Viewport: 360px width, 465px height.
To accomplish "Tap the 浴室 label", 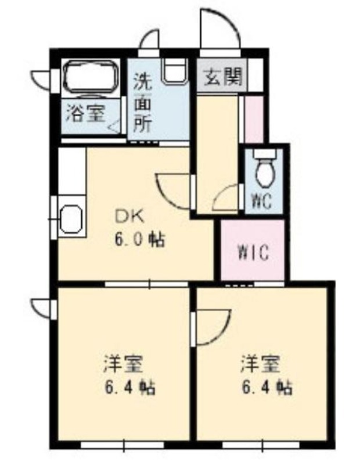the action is pos(85,113).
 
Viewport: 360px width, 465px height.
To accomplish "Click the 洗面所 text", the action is pos(143,103).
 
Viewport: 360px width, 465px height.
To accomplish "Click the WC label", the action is pos(261,201).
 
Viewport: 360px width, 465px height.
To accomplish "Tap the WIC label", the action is pos(254,252).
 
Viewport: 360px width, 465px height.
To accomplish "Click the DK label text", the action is pos(130,217).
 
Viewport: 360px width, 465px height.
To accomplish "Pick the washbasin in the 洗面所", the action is pos(175,70).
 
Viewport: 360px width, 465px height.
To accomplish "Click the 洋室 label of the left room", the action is pos(123,364).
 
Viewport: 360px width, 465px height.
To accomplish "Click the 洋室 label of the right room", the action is pos(260,364).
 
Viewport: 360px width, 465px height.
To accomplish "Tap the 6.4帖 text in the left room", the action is pos(129,387).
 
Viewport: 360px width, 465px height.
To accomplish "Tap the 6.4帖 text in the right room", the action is pos(267,387).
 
